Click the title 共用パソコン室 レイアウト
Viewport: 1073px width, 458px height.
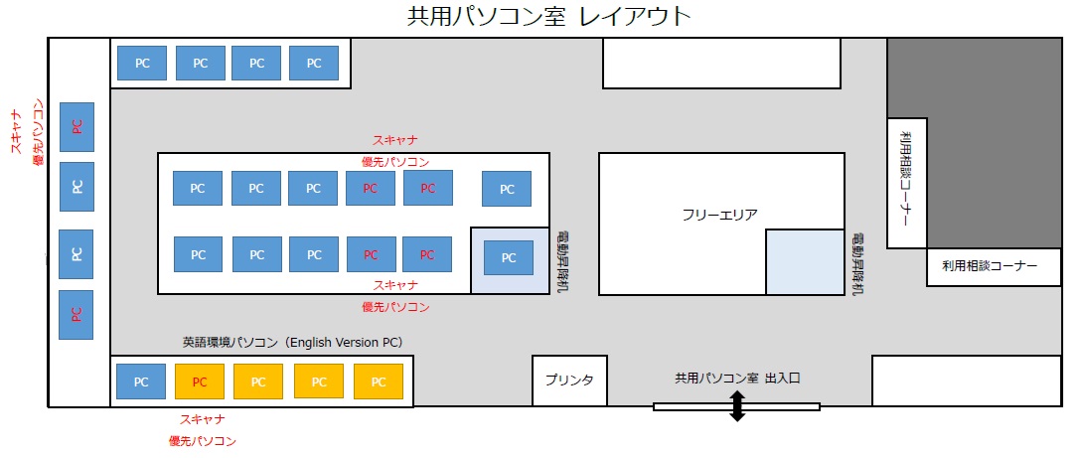(x=548, y=17)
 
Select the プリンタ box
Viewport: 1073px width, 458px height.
(x=569, y=381)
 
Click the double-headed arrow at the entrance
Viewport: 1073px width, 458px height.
(x=737, y=406)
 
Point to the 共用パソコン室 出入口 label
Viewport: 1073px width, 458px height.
(x=737, y=378)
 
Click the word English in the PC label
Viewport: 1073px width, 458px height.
(x=313, y=342)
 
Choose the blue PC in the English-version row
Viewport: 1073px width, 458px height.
(x=141, y=382)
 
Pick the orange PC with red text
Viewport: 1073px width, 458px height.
(x=199, y=382)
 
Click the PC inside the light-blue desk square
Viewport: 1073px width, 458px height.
(x=509, y=258)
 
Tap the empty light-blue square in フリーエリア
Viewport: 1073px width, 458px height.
(x=805, y=262)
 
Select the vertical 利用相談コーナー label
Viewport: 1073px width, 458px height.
(x=907, y=180)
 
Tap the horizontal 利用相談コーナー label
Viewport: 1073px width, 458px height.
(x=990, y=266)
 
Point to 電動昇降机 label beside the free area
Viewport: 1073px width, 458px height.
(x=856, y=263)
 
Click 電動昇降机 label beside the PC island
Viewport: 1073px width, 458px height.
(x=561, y=263)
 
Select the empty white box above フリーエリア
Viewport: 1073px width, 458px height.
(x=721, y=63)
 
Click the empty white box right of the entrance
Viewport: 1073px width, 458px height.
(x=967, y=381)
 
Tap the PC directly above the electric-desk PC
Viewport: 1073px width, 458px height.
(x=507, y=189)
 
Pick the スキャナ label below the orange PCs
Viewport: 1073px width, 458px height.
(x=203, y=419)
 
